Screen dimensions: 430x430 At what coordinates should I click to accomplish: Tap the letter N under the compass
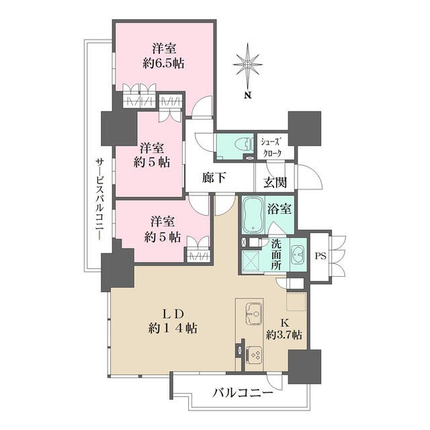pos(248,95)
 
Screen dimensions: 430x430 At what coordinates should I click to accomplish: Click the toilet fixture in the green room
pos(245,144)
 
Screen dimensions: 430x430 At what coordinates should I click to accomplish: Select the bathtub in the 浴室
pos(253,214)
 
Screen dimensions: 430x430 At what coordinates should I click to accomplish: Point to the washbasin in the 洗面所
pos(298,255)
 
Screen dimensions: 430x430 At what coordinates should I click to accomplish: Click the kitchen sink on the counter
pos(254,313)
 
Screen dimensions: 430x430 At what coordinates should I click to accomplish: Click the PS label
pos(320,256)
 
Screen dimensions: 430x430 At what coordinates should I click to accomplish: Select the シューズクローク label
pos(271,148)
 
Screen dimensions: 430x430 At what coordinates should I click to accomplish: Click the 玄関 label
pos(275,182)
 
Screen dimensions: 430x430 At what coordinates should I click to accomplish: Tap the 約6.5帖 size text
pos(163,64)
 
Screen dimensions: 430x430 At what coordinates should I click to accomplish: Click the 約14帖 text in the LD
pos(173,327)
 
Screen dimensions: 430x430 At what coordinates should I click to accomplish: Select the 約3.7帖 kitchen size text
pos(284,335)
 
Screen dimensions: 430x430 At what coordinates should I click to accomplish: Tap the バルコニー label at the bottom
pos(243,393)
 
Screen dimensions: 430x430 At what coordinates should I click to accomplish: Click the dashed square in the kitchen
pos(296,302)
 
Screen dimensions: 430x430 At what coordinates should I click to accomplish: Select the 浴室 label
pos(279,209)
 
